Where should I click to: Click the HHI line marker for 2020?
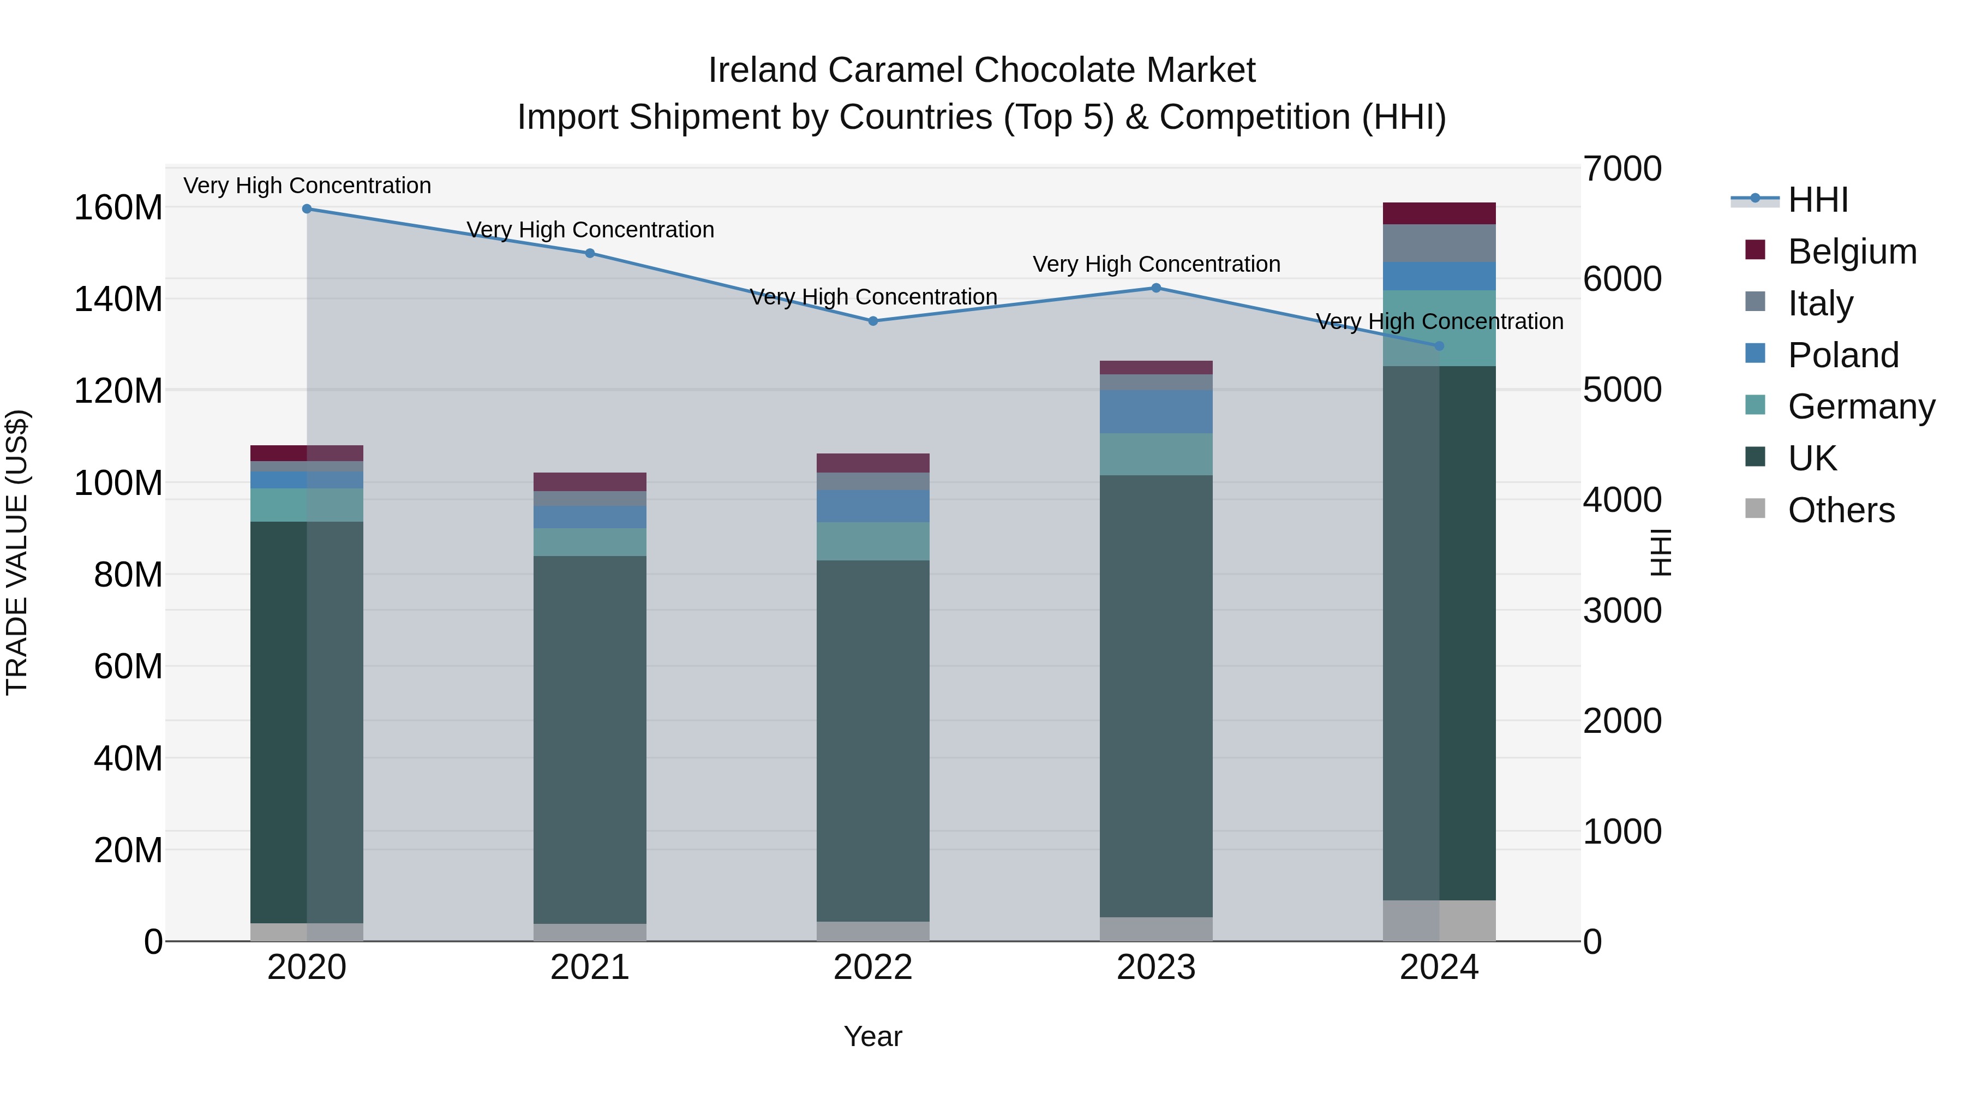[x=307, y=209]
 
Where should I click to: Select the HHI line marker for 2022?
[x=873, y=321]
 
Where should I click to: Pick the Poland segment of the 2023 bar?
[x=1156, y=412]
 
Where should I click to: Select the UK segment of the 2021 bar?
[x=589, y=740]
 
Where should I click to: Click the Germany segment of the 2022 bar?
[x=873, y=541]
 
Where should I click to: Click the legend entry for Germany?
[x=1860, y=407]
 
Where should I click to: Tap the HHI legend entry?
[x=1818, y=200]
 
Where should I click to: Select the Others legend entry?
[x=1841, y=510]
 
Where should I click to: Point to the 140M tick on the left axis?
[x=118, y=299]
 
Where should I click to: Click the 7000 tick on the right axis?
[x=1622, y=169]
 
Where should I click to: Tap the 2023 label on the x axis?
[x=1156, y=967]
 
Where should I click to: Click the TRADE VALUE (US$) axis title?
[x=17, y=552]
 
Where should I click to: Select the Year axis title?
[x=873, y=1036]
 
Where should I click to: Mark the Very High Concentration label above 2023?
[x=1156, y=265]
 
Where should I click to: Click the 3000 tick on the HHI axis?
[x=1622, y=611]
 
